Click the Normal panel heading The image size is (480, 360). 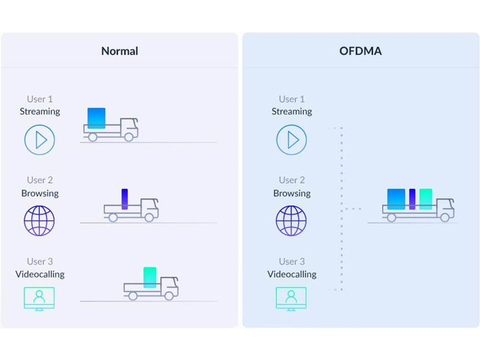(119, 51)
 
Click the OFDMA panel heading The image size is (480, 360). (361, 51)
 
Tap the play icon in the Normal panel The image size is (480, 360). (40, 140)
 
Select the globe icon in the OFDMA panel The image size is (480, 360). (291, 221)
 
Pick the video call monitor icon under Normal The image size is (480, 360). (39, 299)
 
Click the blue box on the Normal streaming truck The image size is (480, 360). (97, 118)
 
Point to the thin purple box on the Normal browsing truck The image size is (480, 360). (125, 199)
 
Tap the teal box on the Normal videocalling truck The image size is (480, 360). (149, 277)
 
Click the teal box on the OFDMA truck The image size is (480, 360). (425, 199)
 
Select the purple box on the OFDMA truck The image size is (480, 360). (412, 199)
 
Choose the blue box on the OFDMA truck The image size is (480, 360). (396, 199)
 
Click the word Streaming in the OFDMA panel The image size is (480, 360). (292, 112)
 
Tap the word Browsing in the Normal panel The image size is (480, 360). (40, 193)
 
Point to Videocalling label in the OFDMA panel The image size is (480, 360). (292, 274)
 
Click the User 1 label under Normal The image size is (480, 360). (40, 99)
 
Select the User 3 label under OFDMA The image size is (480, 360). (292, 262)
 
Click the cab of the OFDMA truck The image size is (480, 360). (445, 208)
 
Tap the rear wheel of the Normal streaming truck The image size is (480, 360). (92, 137)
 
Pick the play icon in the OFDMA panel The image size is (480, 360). (292, 140)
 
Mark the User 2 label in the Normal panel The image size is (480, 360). (40, 180)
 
